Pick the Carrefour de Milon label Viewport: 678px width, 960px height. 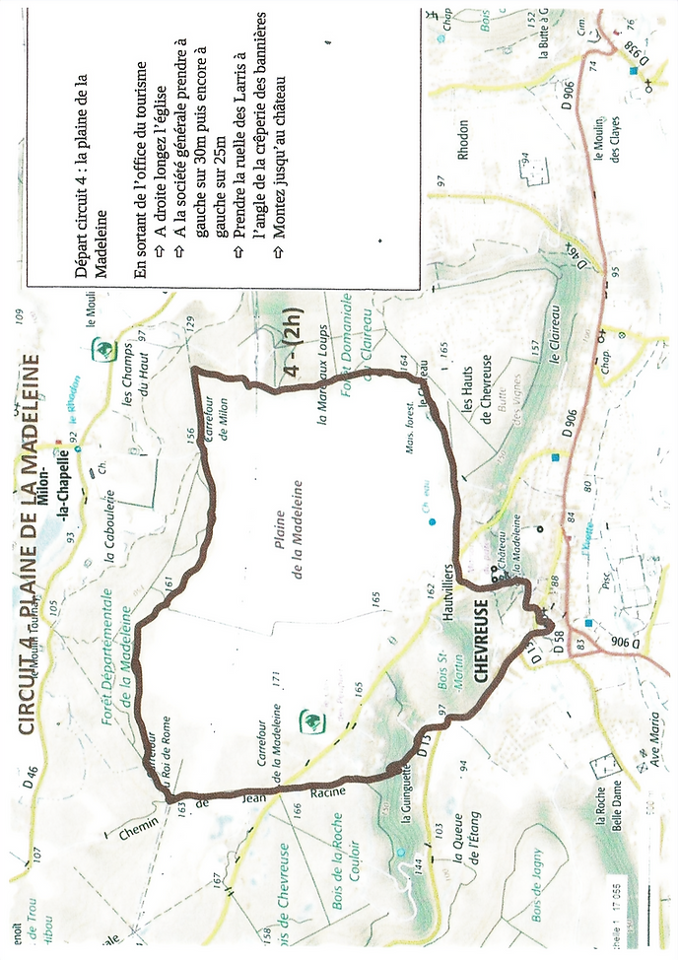(216, 403)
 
